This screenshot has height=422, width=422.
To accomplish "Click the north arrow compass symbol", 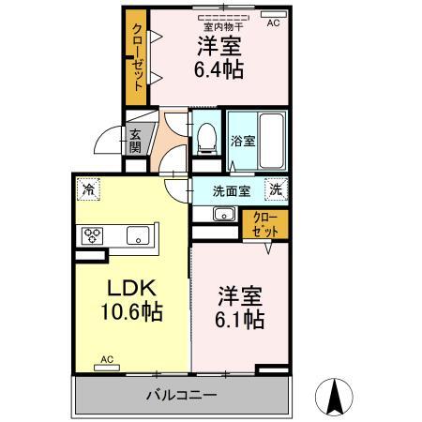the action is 334,397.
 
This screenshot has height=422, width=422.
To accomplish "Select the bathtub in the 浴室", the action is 272,141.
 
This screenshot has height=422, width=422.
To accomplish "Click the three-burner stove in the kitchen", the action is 92,235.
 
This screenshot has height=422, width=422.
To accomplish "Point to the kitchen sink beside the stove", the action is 138,235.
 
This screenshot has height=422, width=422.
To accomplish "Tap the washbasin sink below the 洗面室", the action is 224,214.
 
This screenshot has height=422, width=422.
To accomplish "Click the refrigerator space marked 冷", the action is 88,188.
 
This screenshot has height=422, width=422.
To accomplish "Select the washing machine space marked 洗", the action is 276,188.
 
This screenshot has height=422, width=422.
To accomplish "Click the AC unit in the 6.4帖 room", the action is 274,14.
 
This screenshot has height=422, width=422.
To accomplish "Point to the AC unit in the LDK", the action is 107,368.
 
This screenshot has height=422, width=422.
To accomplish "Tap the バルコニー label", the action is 182,396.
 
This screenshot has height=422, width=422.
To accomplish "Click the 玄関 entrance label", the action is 135,141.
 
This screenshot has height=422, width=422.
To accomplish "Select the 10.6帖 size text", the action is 131,311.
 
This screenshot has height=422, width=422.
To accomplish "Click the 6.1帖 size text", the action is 240,319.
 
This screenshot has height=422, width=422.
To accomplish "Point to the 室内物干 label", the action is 223,27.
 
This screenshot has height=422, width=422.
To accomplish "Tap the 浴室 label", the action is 243,141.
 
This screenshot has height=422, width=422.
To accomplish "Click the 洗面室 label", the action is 232,191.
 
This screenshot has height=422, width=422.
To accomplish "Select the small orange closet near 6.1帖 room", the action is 265,224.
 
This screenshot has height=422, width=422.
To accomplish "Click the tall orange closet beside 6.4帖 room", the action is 136,57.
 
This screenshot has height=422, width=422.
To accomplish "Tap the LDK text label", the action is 131,288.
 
